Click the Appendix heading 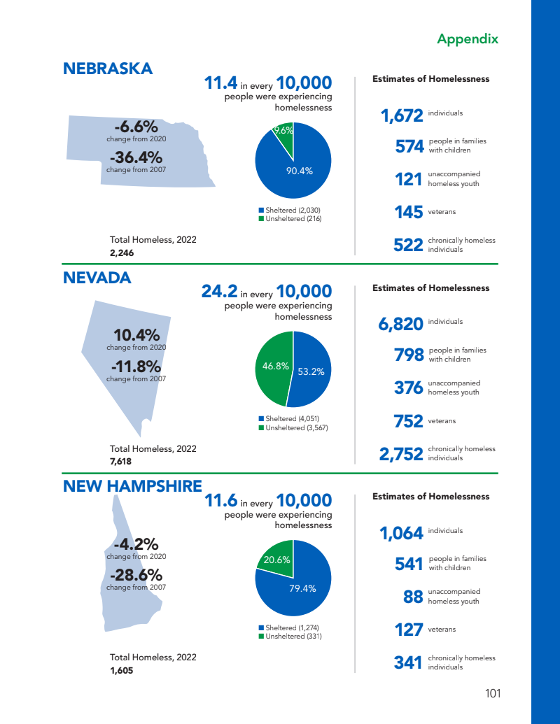(467, 38)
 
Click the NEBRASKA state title (108, 69)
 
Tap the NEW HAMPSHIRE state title (132, 486)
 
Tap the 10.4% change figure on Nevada (136, 335)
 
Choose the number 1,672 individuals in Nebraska (402, 116)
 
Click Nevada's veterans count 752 (409, 421)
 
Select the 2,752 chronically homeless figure (401, 455)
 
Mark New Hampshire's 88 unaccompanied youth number (413, 597)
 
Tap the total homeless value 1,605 (122, 670)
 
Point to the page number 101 (493, 694)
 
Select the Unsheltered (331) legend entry (290, 637)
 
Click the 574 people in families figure (409, 146)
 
